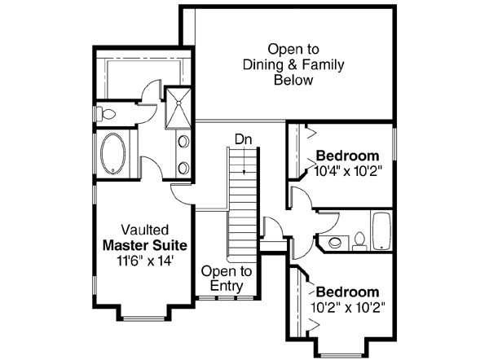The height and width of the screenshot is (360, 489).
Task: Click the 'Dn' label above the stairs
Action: tap(243, 139)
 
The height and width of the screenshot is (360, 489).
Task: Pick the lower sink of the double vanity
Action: tap(183, 168)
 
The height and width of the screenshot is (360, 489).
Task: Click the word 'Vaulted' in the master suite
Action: tap(144, 230)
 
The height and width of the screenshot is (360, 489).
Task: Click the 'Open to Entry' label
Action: tap(227, 279)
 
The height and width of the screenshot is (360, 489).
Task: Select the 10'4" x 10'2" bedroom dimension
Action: tap(348, 172)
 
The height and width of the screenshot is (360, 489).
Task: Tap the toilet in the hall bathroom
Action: tap(359, 240)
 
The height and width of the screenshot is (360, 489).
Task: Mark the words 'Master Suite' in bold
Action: tap(144, 244)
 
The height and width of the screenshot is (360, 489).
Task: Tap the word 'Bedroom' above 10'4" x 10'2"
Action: tap(348, 156)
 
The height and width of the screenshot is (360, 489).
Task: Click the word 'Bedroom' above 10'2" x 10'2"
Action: tap(348, 292)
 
